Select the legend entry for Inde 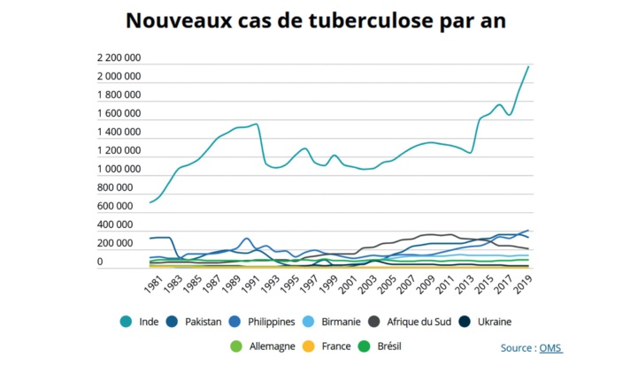[141, 322]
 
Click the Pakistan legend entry [196, 322]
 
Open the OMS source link [550, 348]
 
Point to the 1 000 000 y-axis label [119, 170]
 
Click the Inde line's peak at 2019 [528, 66]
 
